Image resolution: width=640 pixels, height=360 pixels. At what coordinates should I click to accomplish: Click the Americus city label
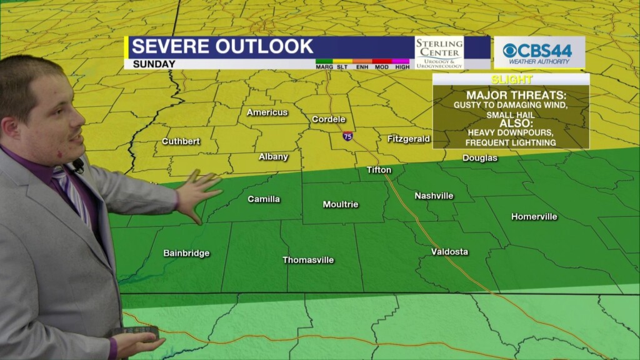267,112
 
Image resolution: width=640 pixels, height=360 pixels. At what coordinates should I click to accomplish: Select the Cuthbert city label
181,141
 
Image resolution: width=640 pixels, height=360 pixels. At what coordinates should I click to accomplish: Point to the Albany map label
273,157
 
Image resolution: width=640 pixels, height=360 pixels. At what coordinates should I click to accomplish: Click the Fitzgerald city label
408,139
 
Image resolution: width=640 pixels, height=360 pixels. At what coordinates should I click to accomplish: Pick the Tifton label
379,170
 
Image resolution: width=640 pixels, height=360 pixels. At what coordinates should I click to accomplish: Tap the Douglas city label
480,158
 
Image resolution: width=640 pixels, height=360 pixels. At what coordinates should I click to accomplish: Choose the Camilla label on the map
264,199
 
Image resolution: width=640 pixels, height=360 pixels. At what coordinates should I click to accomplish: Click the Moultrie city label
340,204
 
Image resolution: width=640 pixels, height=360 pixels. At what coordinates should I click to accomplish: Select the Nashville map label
434,196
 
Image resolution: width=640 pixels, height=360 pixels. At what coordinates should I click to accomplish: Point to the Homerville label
534,217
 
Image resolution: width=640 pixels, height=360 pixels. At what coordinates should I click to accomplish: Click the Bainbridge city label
186,253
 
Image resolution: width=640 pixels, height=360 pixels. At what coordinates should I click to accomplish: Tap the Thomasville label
308,260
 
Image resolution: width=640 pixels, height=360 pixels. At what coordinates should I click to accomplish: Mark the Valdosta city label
449,252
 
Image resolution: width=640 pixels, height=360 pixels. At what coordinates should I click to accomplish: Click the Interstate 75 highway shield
347,136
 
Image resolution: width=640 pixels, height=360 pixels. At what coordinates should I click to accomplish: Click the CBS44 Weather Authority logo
539,52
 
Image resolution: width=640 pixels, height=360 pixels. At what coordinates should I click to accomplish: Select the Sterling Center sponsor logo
439,52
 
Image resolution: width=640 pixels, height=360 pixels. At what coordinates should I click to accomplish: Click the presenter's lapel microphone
78,166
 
